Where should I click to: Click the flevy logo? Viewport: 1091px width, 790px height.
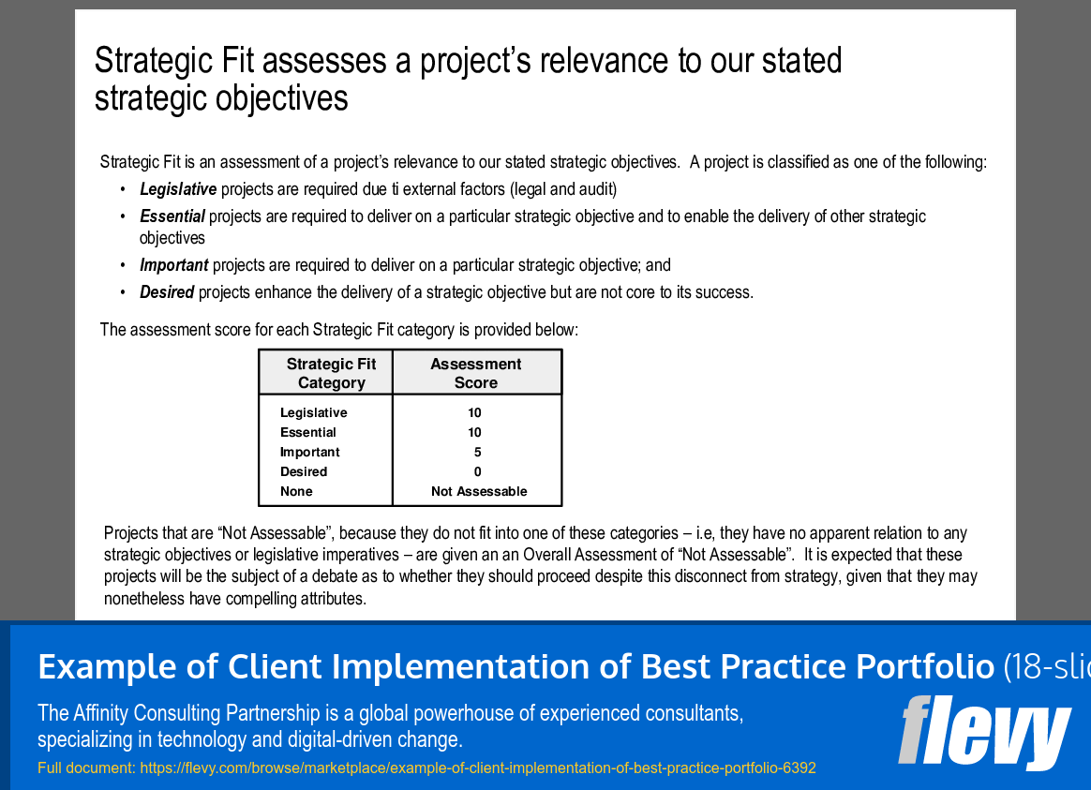tap(984, 731)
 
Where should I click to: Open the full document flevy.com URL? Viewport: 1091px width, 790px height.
tap(478, 768)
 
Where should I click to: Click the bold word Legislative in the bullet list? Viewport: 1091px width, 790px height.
tap(178, 189)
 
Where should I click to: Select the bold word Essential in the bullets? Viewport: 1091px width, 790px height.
tap(172, 216)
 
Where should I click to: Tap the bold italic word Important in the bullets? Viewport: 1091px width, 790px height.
tap(174, 265)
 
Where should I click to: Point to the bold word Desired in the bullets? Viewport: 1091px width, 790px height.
tap(167, 292)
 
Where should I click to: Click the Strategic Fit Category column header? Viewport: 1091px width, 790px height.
tap(331, 373)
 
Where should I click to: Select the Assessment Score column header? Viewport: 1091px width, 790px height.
tap(476, 373)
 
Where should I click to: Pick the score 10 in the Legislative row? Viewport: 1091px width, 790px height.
tap(475, 413)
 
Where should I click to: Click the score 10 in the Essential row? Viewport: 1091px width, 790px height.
tap(475, 433)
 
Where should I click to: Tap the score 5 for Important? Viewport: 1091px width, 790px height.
tap(478, 453)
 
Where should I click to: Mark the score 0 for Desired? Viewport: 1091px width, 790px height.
tap(478, 472)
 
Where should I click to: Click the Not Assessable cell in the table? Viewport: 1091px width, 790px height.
tap(479, 492)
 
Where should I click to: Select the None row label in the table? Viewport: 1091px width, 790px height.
tap(296, 492)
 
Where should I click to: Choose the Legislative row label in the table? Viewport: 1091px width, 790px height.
tap(313, 413)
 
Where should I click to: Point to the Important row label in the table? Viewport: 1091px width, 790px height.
tap(309, 453)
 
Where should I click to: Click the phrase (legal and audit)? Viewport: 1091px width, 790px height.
tap(563, 189)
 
